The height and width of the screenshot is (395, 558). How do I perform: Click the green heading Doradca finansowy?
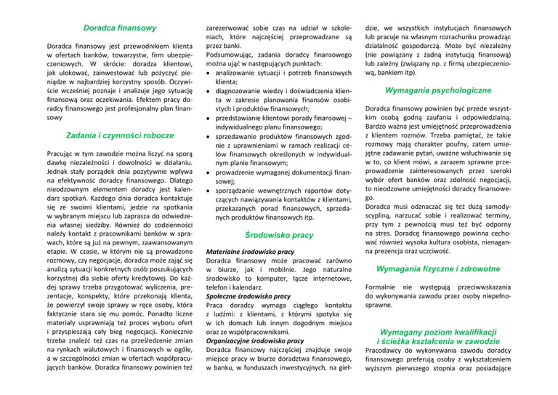[120, 28]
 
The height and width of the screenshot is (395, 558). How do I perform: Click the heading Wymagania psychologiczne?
[457, 90]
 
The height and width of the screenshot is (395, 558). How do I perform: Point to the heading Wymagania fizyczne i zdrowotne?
[457, 270]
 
